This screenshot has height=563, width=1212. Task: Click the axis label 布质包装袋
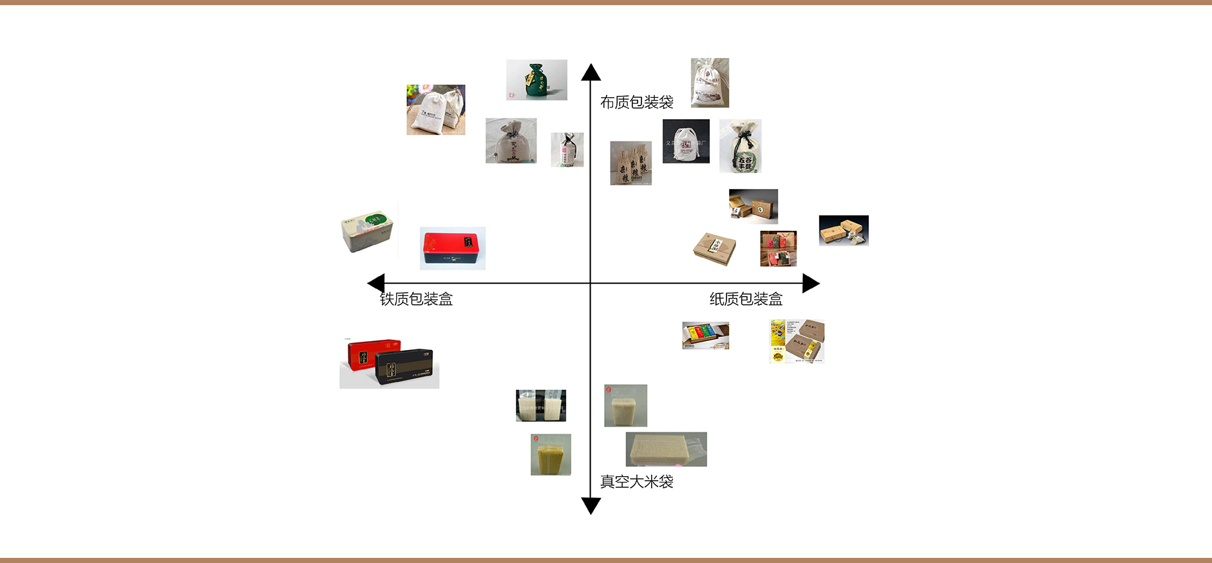pyautogui.click(x=636, y=102)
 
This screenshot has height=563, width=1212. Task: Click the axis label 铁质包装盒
pyautogui.click(x=416, y=299)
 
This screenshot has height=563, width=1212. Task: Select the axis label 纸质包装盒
pyautogui.click(x=746, y=299)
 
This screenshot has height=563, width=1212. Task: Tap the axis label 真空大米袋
pyautogui.click(x=636, y=482)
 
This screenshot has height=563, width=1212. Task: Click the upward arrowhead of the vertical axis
pyautogui.click(x=591, y=72)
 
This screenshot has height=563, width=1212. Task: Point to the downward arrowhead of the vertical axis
pyautogui.click(x=591, y=506)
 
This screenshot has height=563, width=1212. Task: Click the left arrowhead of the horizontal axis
pyautogui.click(x=376, y=283)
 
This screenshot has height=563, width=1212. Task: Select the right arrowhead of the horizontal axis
pyautogui.click(x=811, y=283)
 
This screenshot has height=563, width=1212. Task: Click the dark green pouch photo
pyautogui.click(x=536, y=80)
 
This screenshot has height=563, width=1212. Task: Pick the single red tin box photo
pyautogui.click(x=452, y=248)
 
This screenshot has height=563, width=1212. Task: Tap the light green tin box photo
pyautogui.click(x=367, y=230)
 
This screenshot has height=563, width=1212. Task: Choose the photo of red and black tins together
pyautogui.click(x=389, y=363)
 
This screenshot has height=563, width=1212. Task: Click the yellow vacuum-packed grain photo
pyautogui.click(x=551, y=454)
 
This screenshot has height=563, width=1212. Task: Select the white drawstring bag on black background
pyautogui.click(x=686, y=141)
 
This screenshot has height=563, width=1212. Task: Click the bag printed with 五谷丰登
pyautogui.click(x=740, y=146)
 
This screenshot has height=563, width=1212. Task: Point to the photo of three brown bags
pyautogui.click(x=630, y=163)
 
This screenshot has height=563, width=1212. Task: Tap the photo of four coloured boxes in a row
pyautogui.click(x=705, y=335)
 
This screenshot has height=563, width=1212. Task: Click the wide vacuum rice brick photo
pyautogui.click(x=666, y=449)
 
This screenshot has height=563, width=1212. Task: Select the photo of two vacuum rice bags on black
pyautogui.click(x=541, y=405)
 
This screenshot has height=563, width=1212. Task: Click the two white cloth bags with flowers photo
pyautogui.click(x=435, y=109)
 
